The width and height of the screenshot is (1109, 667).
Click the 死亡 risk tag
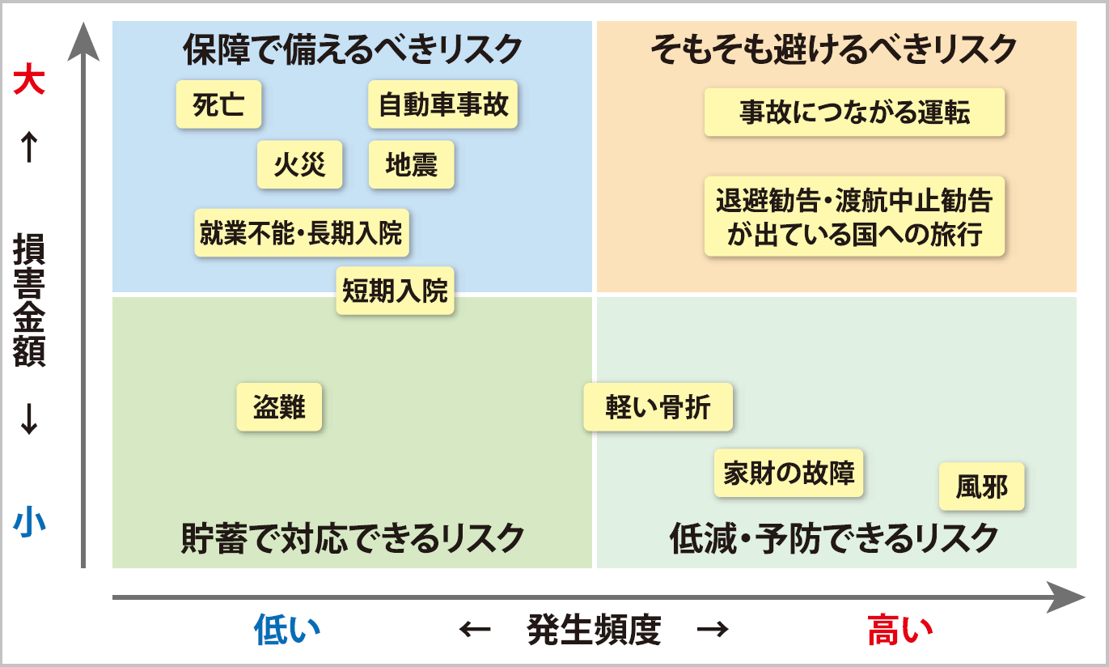pos(218,104)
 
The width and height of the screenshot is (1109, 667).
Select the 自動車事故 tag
pos(442,104)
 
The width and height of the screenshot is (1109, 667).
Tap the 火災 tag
pos(299,164)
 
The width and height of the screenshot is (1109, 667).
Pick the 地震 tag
pos(411,164)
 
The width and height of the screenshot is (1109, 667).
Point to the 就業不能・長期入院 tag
pos(301,232)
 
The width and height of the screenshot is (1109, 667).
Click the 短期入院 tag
pos(395,290)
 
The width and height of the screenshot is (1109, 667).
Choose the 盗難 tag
pos(279,406)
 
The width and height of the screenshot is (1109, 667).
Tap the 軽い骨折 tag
pos(658,406)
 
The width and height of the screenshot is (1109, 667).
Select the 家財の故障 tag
pos(789,473)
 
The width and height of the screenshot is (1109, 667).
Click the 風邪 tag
pos(981,486)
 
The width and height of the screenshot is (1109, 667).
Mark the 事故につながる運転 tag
pos(854,113)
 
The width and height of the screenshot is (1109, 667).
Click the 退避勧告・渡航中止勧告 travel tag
pos(854,216)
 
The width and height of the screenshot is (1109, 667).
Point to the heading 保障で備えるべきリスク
pos(353,50)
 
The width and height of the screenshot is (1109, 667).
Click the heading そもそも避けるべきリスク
pos(833,50)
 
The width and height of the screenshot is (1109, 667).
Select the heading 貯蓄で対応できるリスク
pos(353,537)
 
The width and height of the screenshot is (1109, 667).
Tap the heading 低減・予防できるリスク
pos(834,537)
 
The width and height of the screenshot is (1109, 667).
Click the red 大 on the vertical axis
pos(29,81)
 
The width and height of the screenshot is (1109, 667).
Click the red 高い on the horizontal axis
pos(899,630)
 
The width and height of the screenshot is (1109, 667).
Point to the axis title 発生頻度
pos(594,630)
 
